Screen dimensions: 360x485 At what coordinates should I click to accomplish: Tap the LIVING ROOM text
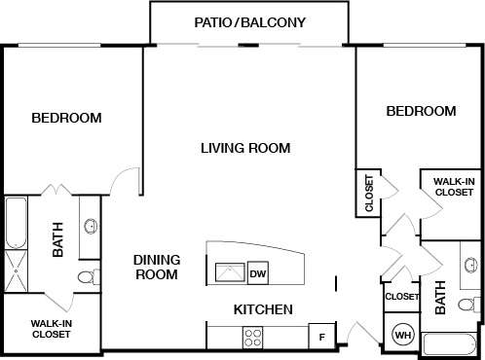[x=245, y=148]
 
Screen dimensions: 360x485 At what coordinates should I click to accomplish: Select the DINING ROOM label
[x=156, y=268]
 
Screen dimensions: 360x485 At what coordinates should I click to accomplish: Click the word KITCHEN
[x=263, y=309]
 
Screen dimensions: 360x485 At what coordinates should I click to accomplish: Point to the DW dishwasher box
[x=258, y=273]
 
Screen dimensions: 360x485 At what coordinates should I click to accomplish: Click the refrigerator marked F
[x=320, y=337]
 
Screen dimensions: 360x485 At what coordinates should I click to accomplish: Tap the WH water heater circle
[x=403, y=336]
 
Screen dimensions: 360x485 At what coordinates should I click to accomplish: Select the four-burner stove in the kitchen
[x=253, y=338]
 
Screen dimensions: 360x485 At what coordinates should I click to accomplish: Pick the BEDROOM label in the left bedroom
[x=66, y=118]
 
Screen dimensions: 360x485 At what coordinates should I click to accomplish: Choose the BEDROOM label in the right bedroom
[x=421, y=111]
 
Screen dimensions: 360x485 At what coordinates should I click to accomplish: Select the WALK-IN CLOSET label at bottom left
[x=50, y=329]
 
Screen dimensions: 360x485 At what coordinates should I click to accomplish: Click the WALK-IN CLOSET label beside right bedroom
[x=453, y=187]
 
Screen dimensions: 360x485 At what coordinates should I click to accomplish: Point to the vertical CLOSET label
[x=369, y=193]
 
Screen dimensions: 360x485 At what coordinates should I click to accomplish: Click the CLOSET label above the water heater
[x=401, y=297]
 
